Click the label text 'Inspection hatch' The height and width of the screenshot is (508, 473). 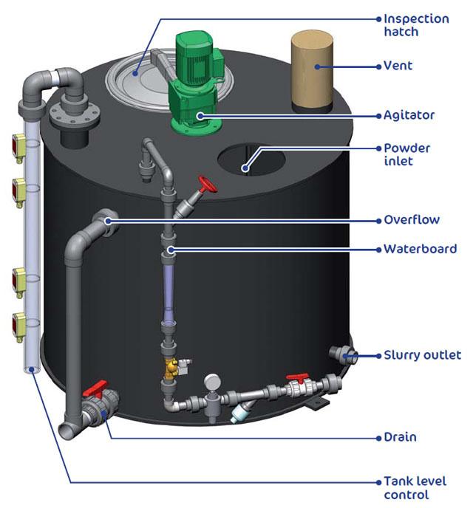point(416,24)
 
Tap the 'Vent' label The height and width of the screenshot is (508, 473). point(398,66)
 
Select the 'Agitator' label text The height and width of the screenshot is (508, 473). point(409,115)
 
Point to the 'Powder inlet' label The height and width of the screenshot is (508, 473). point(406,154)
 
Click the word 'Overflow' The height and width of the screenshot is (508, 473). point(412,219)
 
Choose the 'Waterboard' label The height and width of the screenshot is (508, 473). point(420,249)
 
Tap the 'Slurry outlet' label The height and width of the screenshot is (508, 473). point(421,355)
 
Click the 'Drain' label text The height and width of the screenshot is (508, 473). point(400,437)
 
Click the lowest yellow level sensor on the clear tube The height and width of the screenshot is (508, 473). point(18,322)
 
